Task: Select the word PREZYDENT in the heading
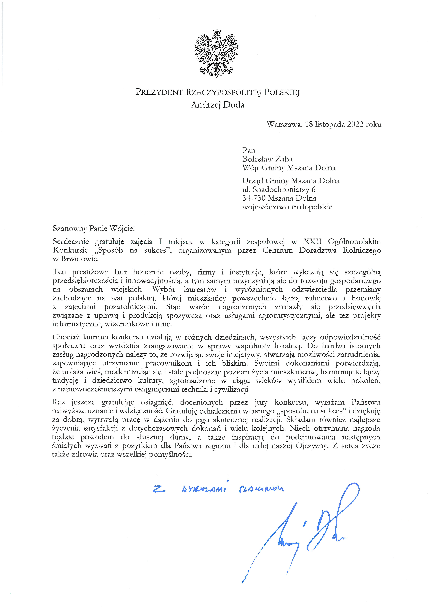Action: click(x=159, y=92)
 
